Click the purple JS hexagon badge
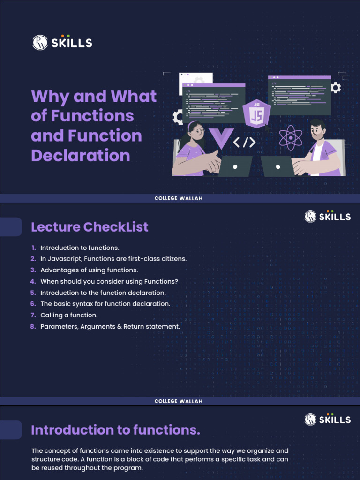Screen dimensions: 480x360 click(x=256, y=113)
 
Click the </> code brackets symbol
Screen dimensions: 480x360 click(x=244, y=142)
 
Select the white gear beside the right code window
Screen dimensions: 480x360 click(x=336, y=88)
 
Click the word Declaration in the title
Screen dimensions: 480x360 click(x=81, y=155)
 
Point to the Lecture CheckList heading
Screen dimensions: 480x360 click(x=90, y=227)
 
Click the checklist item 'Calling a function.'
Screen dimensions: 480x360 click(x=69, y=315)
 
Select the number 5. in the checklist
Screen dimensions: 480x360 click(x=33, y=292)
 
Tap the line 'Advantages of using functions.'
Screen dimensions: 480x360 click(x=89, y=270)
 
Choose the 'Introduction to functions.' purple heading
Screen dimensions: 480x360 click(x=115, y=430)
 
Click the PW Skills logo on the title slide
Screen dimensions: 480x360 click(x=62, y=43)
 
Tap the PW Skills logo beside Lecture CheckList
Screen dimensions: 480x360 click(x=327, y=216)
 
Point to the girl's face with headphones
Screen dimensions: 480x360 click(x=196, y=132)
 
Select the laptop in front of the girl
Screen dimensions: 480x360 click(x=235, y=166)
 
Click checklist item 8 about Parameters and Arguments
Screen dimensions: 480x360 click(x=110, y=326)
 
